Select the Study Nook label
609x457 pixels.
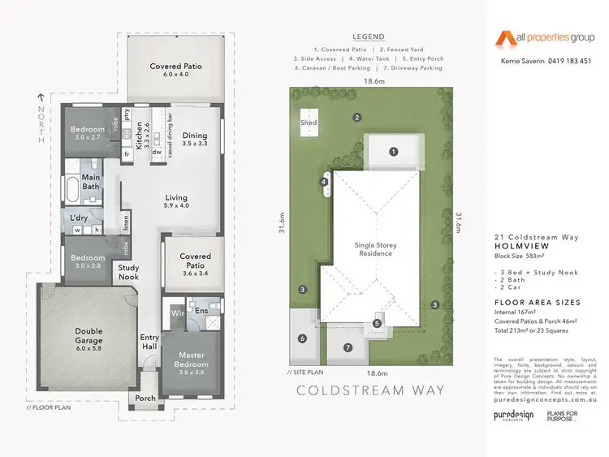pyautogui.click(x=128, y=272)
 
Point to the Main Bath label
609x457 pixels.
pyautogui.click(x=90, y=182)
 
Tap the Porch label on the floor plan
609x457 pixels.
pyautogui.click(x=145, y=399)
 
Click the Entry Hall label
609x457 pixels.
pyautogui.click(x=149, y=342)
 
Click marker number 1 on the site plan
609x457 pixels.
pyautogui.click(x=393, y=151)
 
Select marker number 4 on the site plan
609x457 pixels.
pyautogui.click(x=324, y=183)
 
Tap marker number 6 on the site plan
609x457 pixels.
pyautogui.click(x=302, y=338)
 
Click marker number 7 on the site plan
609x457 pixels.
pyautogui.click(x=348, y=348)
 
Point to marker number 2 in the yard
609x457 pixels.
pyautogui.click(x=356, y=118)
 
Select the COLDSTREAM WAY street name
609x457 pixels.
pyautogui.click(x=371, y=390)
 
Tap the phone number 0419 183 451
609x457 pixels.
pyautogui.click(x=564, y=62)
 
